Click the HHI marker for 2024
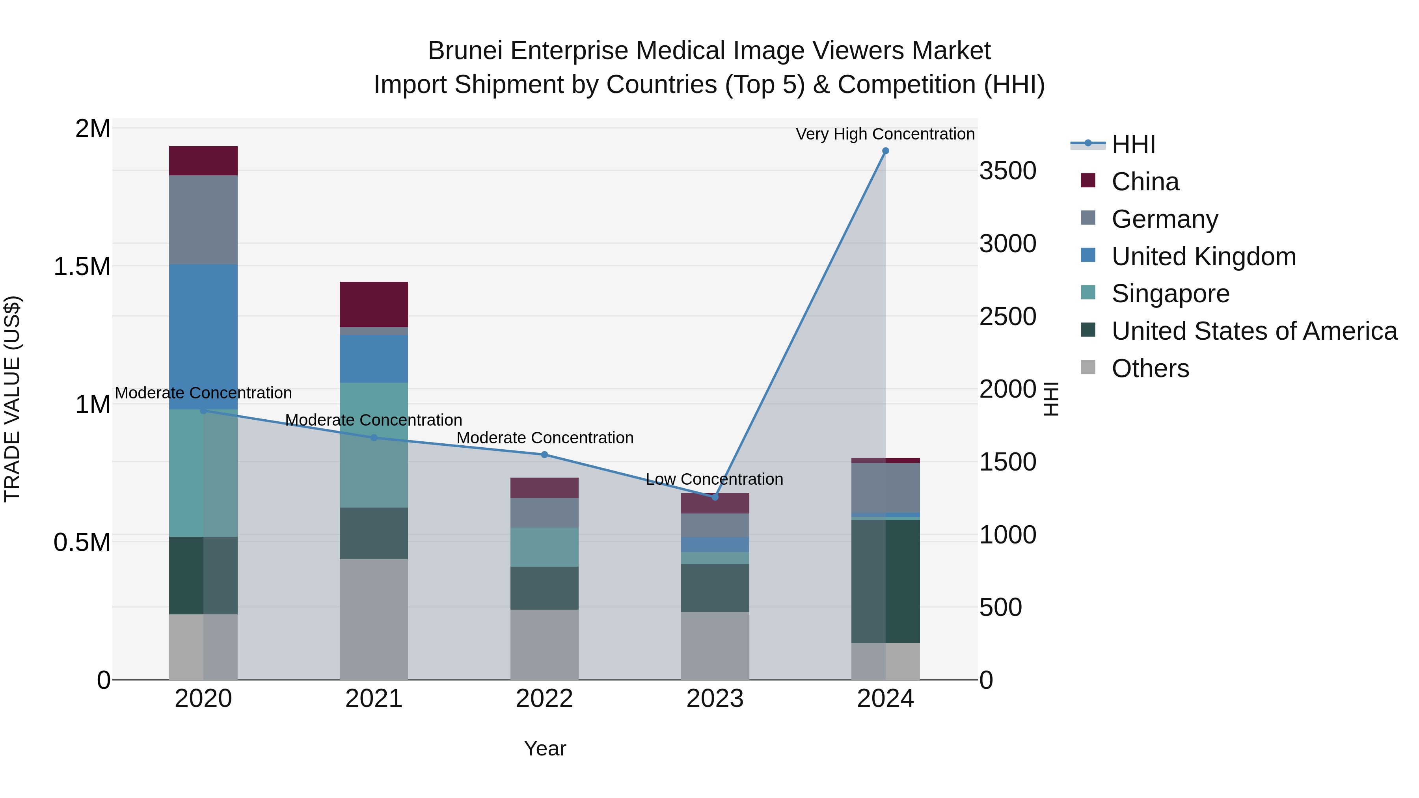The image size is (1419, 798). pyautogui.click(x=885, y=151)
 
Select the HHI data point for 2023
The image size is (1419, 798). pyautogui.click(x=715, y=497)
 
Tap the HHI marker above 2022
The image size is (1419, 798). pyautogui.click(x=544, y=454)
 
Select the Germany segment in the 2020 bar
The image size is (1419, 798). pyautogui.click(x=203, y=220)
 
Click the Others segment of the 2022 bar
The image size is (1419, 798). pyautogui.click(x=544, y=644)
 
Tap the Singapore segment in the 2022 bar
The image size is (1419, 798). pyautogui.click(x=544, y=547)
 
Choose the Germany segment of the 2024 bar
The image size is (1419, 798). pyautogui.click(x=885, y=488)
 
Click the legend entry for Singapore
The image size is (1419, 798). pyautogui.click(x=1170, y=294)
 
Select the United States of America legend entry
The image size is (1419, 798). pyautogui.click(x=1254, y=331)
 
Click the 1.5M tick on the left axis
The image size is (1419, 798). pyautogui.click(x=82, y=266)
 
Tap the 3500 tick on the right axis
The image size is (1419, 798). pyautogui.click(x=1007, y=171)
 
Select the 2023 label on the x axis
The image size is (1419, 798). pyautogui.click(x=715, y=699)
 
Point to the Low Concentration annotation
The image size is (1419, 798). pyautogui.click(x=714, y=479)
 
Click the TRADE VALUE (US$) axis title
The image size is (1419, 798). pyautogui.click(x=12, y=399)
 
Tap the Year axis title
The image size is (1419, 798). pyautogui.click(x=545, y=748)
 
